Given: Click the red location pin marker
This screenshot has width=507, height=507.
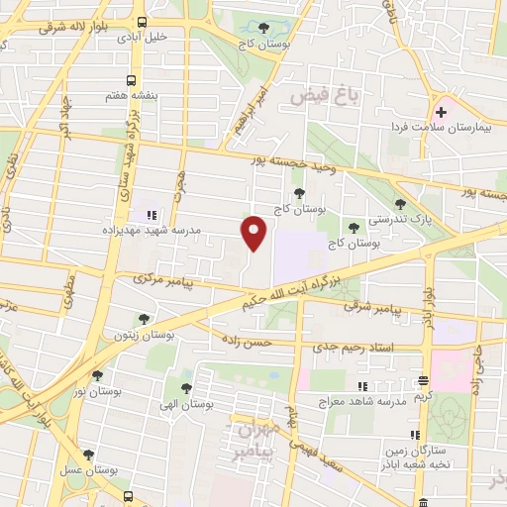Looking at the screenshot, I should [x=254, y=232].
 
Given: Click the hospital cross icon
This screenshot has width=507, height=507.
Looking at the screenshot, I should [x=441, y=113].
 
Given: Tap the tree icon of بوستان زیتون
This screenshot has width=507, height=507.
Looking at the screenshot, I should [x=145, y=319].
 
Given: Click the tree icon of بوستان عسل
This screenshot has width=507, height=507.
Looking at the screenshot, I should [x=88, y=455].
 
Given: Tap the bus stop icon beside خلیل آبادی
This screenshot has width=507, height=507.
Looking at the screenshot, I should [x=143, y=22].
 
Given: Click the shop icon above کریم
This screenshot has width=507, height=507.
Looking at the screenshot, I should [x=423, y=380].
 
